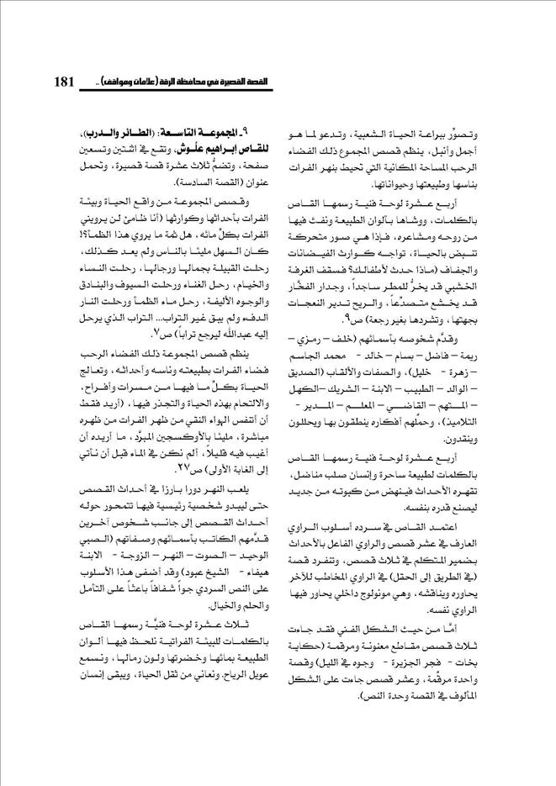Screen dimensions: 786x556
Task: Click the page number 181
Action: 65,83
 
